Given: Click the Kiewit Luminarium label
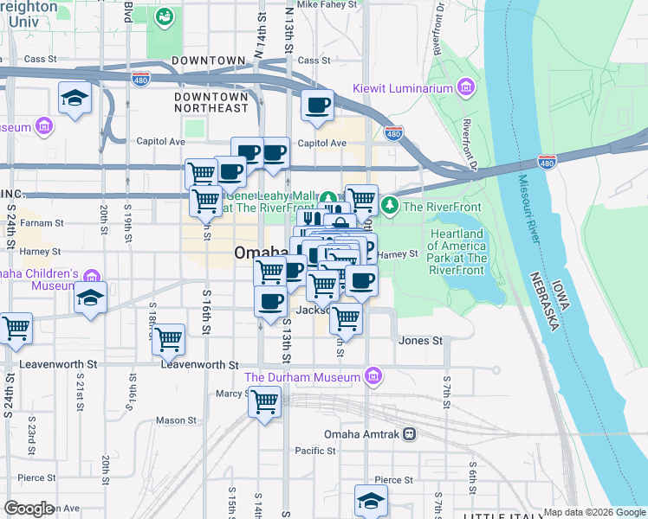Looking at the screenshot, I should point(403,88).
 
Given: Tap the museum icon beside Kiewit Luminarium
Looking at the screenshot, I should point(466,88).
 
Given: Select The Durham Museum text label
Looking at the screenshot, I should point(301,377).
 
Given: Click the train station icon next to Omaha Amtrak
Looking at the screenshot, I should point(410,434).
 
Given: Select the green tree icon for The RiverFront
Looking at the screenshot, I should point(390,205).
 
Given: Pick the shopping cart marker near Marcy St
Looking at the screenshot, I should point(264,401).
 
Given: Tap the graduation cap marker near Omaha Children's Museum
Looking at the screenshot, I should point(90,298).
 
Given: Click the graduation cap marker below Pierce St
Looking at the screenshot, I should point(371,501).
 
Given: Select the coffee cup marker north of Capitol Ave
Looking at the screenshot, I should point(317,106).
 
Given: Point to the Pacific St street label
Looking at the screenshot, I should point(314,451).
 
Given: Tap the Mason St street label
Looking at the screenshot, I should point(176,420).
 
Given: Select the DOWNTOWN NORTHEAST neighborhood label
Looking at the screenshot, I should point(212,102).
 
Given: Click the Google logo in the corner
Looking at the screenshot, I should point(29,509).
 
